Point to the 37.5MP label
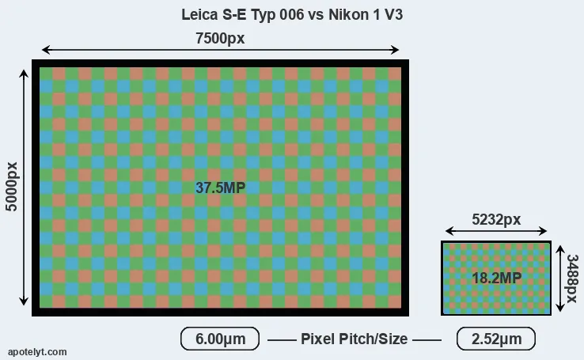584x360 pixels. point(221,188)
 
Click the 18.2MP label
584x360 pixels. point(496,278)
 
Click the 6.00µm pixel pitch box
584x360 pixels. point(220,339)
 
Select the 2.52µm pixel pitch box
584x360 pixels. point(496,339)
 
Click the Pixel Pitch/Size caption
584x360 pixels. point(355,339)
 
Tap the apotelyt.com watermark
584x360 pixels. point(37,352)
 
